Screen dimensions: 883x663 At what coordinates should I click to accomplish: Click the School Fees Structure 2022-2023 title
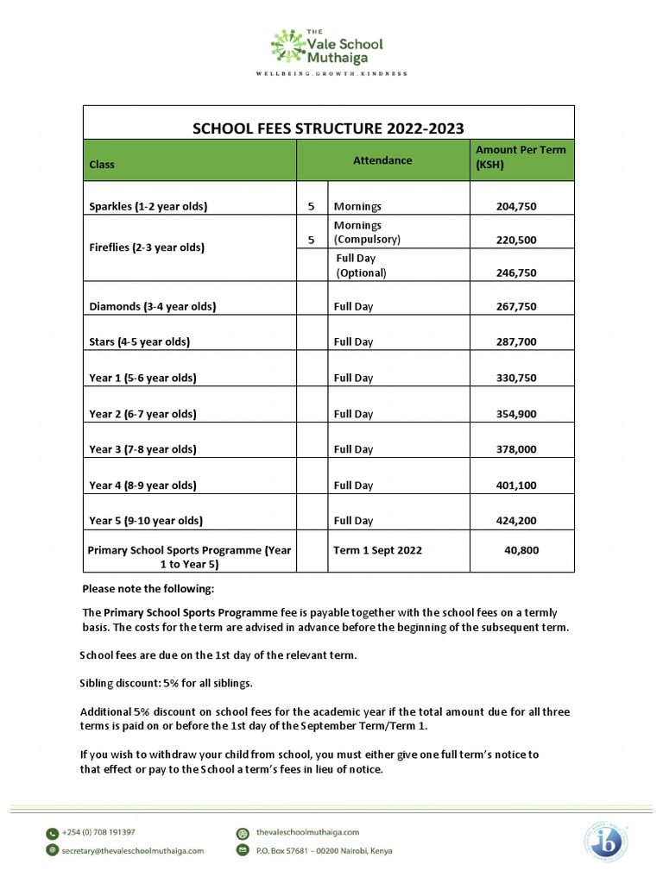tap(327, 128)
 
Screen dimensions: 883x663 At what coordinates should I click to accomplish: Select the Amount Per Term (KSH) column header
tap(521, 156)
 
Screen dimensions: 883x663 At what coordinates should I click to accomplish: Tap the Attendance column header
tap(382, 160)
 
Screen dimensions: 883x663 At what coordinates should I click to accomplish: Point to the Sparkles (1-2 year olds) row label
tap(148, 207)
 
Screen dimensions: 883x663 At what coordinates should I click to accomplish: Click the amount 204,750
tap(516, 207)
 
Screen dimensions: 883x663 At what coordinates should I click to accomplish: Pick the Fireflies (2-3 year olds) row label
tap(147, 247)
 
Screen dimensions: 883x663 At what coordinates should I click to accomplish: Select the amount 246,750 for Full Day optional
tap(516, 272)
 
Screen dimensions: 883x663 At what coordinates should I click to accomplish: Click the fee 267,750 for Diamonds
tap(516, 306)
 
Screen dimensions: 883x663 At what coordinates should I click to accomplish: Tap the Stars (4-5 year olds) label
tap(140, 341)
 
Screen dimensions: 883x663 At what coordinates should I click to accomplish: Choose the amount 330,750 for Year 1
tap(516, 378)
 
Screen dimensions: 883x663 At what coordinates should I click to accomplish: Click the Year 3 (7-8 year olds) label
tap(143, 449)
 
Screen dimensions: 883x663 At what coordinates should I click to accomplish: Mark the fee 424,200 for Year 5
tap(516, 521)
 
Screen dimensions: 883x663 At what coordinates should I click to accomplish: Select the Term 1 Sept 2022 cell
tap(378, 550)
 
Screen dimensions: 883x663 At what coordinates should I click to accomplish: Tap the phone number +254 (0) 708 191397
tap(98, 832)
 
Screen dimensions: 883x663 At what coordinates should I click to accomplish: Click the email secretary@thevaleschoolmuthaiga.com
tap(132, 850)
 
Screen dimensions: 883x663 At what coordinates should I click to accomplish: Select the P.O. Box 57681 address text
tap(324, 850)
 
